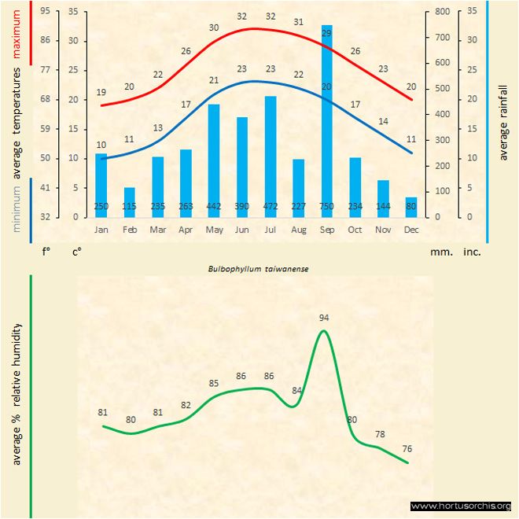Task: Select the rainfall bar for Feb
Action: click(129, 201)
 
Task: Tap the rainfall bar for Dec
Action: click(411, 207)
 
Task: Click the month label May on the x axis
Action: click(213, 230)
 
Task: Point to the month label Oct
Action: click(355, 230)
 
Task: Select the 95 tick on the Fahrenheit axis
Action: click(45, 12)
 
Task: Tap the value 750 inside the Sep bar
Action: click(326, 207)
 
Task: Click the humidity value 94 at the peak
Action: click(324, 318)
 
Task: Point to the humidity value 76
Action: click(407, 448)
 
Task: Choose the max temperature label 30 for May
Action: click(214, 28)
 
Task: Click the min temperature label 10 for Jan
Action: click(101, 145)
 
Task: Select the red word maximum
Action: click(17, 32)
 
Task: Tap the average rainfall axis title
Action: click(504, 118)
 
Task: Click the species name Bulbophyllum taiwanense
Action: click(258, 268)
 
